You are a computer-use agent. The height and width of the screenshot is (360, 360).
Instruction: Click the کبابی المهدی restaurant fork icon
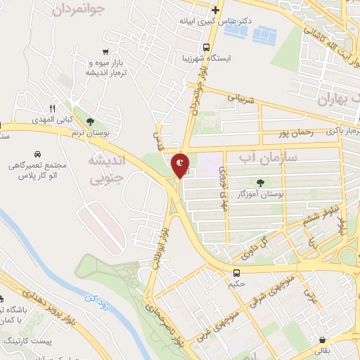[52, 108]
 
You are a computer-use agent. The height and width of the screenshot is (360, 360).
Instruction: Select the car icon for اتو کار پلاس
[36, 153]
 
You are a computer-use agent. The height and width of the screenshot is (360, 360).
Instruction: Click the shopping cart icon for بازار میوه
[105, 51]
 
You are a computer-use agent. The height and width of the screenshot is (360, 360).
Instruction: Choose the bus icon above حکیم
[236, 271]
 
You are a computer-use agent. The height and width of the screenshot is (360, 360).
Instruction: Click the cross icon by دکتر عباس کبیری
[215, 11]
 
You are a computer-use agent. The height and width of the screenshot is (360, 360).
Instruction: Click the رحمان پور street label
[274, 133]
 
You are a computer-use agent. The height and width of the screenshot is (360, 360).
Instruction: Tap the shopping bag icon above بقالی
[322, 338]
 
